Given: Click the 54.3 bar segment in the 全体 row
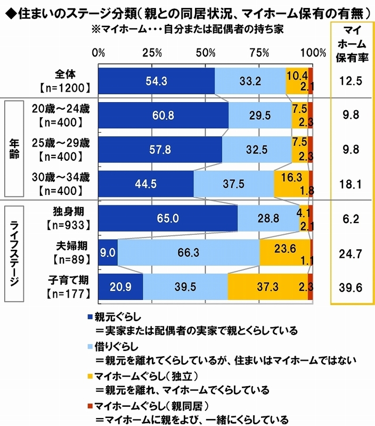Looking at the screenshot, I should click(156, 81).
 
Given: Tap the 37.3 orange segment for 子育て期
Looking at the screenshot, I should click(267, 288).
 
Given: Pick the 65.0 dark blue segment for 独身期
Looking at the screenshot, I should click(167, 218).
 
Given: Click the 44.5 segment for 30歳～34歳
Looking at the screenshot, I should click(145, 184).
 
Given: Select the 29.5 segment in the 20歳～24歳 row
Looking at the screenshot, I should click(260, 116).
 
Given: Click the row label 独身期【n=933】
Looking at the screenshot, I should click(68, 218).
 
